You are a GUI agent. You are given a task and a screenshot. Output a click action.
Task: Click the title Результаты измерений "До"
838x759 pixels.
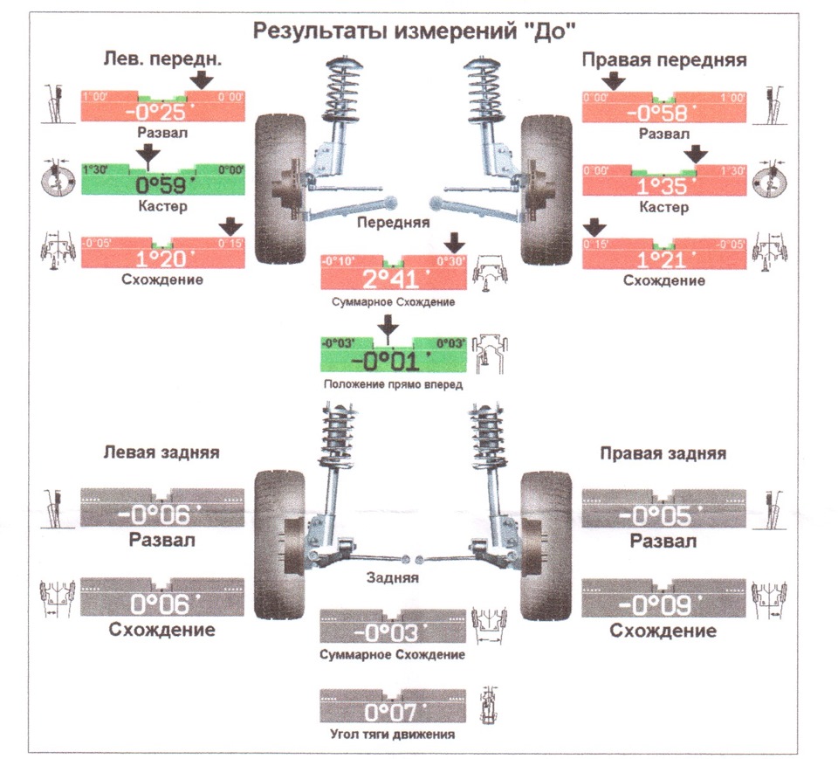pyautogui.click(x=415, y=31)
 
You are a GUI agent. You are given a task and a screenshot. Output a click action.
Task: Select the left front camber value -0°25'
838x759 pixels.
pyautogui.click(x=162, y=112)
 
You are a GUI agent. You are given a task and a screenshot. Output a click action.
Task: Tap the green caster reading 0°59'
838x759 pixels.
pyautogui.click(x=162, y=184)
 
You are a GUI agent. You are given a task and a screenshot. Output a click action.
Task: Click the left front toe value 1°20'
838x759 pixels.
pyautogui.click(x=162, y=259)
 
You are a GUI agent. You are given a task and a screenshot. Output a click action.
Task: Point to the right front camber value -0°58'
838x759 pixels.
pyautogui.click(x=663, y=112)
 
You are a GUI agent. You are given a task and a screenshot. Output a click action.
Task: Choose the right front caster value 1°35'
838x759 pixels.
pyautogui.click(x=663, y=186)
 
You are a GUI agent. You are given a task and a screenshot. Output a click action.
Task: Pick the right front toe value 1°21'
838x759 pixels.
pyautogui.click(x=663, y=259)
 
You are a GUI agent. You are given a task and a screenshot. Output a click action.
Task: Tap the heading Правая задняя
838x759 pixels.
pyautogui.click(x=663, y=454)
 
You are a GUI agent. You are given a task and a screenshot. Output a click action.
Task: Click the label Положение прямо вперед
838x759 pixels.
pyautogui.click(x=392, y=384)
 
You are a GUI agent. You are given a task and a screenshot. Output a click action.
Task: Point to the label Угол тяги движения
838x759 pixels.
pyautogui.click(x=392, y=735)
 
